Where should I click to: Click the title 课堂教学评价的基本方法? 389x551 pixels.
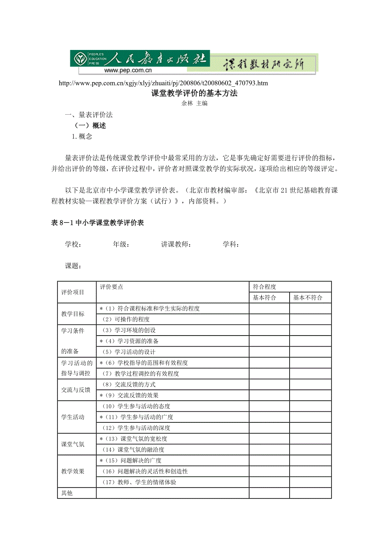[x=194, y=94]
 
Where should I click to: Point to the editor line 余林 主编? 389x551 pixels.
[x=194, y=103]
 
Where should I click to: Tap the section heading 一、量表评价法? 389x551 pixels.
[x=88, y=115]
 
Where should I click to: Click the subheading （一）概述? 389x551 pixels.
[x=90, y=126]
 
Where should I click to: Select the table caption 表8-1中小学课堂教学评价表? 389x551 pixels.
[x=97, y=223]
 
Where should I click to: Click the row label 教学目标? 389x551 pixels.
[x=73, y=314]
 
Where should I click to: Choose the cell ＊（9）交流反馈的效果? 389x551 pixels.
[x=129, y=395]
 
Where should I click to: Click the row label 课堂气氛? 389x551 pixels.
[x=73, y=444]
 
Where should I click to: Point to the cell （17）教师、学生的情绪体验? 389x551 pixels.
[x=139, y=482]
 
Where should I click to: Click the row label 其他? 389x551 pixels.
[x=67, y=493]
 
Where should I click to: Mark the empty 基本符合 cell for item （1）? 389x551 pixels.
[x=269, y=309]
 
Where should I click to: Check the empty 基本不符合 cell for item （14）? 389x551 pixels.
[x=310, y=449]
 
